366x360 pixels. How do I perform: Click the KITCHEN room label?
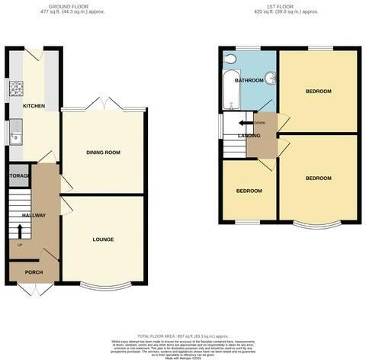[34, 106]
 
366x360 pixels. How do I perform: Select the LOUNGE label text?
[103, 239]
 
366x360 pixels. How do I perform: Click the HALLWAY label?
[34, 215]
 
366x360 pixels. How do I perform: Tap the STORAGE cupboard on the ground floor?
[19, 176]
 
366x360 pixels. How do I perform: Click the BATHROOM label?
[249, 80]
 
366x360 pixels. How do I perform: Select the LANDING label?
[249, 136]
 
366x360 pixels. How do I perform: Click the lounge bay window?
[103, 286]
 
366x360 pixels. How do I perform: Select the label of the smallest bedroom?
[249, 191]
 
